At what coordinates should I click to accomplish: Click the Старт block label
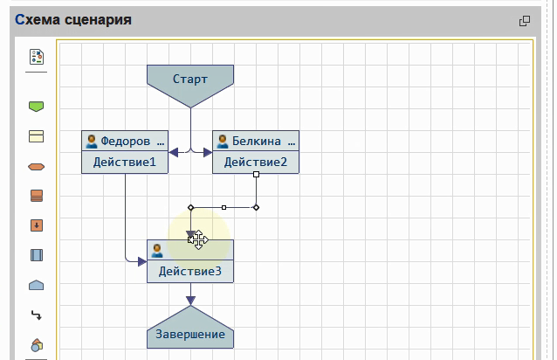coord(190,80)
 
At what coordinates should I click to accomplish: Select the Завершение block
coord(190,334)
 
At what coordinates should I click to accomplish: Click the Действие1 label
coord(125,162)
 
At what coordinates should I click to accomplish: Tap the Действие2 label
coord(255,162)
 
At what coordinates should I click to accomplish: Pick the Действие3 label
coord(190,272)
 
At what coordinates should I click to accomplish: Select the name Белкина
coord(257,141)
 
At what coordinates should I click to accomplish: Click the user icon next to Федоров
coord(91,141)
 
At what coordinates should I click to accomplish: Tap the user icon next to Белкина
coord(223,141)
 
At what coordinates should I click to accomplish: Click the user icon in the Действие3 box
coord(157,250)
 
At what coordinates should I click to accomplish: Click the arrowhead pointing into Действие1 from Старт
coord(174,152)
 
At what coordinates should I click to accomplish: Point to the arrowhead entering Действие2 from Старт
coord(207,152)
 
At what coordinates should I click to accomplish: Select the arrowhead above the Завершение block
coord(190,300)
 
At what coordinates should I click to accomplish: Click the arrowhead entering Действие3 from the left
coord(141,260)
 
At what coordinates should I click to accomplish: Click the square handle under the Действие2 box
coord(256,175)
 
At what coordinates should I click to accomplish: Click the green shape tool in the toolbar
coord(37,107)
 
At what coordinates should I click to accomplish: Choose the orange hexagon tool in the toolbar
coord(37,166)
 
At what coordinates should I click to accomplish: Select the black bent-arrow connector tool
coord(37,315)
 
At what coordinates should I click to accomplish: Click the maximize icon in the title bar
coord(525,21)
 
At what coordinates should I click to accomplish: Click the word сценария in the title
coord(98,19)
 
